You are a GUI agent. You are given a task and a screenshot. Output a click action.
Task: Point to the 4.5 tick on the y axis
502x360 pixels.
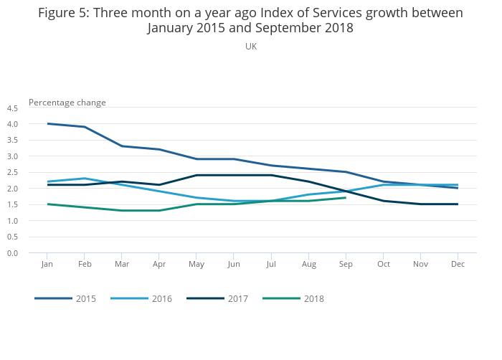[x=12, y=108]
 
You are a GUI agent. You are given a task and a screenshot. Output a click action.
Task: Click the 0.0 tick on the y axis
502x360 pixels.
[x=12, y=253]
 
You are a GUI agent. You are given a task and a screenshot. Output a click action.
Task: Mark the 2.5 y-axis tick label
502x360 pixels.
[x=12, y=173]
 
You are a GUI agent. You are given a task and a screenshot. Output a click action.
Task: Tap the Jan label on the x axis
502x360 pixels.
[x=47, y=265]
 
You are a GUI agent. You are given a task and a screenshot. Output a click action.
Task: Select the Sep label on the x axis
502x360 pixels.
[x=346, y=265]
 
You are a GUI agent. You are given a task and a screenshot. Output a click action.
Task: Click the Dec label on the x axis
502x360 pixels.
[x=458, y=265]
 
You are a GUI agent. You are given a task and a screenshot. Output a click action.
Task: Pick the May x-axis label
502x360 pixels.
[x=196, y=265]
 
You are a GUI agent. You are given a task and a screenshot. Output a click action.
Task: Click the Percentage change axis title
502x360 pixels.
[x=67, y=103]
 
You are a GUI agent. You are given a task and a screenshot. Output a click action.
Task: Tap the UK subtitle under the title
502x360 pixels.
[x=251, y=47]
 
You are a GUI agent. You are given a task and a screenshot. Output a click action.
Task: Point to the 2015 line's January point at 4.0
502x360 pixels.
[x=47, y=123]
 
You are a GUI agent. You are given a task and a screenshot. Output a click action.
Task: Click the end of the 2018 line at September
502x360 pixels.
[x=346, y=198]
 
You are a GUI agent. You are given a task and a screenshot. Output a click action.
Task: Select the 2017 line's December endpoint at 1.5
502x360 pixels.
[x=458, y=204]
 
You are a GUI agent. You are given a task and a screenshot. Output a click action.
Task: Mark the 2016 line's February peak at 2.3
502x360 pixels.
[x=85, y=179]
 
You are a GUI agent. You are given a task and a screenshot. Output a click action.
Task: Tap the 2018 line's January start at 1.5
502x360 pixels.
[x=47, y=204]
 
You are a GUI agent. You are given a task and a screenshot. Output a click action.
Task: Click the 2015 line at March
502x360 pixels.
[x=122, y=146]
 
